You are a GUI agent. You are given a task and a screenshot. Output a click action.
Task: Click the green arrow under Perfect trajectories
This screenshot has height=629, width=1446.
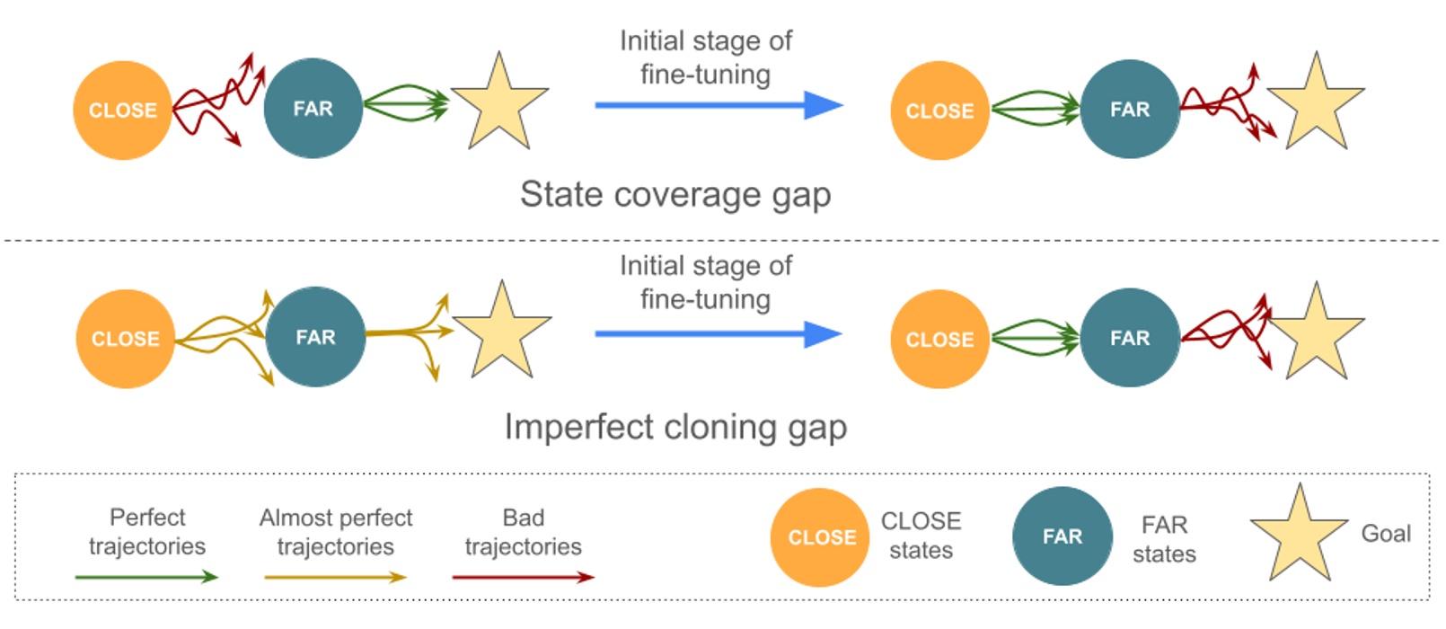click(146, 577)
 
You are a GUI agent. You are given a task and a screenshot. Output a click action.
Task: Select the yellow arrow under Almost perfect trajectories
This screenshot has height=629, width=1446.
click(335, 577)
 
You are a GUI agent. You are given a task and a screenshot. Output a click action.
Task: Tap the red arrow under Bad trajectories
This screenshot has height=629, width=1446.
click(523, 577)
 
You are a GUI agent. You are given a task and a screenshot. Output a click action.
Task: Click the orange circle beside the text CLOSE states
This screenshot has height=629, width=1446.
click(820, 537)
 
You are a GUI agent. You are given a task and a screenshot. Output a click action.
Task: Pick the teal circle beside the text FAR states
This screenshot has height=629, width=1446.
click(1062, 536)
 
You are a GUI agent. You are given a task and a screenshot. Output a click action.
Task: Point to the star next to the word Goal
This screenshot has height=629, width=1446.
click(1299, 536)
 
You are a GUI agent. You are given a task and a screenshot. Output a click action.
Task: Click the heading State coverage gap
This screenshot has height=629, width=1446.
click(675, 195)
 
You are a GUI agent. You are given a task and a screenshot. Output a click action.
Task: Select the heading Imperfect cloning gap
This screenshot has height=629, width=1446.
click(675, 427)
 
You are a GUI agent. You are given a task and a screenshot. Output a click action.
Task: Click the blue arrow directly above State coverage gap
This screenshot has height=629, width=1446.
click(719, 106)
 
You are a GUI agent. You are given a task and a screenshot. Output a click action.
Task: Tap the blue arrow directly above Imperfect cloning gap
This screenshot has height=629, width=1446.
click(719, 334)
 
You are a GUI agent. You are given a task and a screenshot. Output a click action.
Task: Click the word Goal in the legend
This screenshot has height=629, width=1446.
click(1386, 534)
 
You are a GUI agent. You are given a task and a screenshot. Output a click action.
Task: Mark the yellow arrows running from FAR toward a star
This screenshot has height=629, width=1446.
click(409, 334)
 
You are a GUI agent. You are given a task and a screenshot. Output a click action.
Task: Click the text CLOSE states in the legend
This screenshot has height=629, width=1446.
click(921, 536)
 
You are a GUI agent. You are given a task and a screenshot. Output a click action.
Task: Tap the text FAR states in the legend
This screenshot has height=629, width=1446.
click(1164, 538)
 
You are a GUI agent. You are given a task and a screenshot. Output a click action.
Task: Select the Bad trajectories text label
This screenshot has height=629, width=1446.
click(523, 532)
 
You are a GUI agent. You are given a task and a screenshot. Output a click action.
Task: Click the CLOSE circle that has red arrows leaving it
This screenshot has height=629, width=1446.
click(122, 111)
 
